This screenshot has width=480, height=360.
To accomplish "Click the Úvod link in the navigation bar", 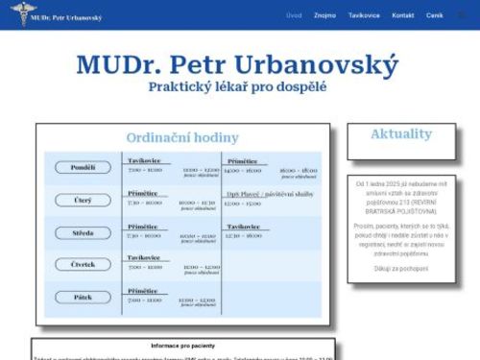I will (x=294, y=15).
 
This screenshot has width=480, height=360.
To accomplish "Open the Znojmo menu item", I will (x=324, y=15).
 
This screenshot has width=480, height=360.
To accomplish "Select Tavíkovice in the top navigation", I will (x=364, y=15).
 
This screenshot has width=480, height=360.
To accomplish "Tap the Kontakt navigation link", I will (x=403, y=15).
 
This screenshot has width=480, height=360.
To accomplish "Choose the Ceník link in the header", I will (x=435, y=15).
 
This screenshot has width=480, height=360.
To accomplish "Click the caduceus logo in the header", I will (x=16, y=15).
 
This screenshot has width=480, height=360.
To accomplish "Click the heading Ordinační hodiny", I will (x=182, y=138).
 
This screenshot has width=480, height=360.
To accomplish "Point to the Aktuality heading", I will (x=401, y=133).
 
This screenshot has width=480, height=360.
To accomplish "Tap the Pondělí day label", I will (x=83, y=167).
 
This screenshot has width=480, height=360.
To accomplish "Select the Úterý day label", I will (x=83, y=200).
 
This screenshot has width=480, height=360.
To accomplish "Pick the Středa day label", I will (x=83, y=232).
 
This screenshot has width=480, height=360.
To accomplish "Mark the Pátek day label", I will (x=83, y=298).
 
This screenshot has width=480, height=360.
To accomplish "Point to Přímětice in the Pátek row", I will (x=143, y=291).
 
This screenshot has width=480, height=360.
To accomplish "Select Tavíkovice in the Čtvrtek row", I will (x=143, y=257).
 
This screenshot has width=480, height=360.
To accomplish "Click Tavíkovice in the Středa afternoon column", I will (x=242, y=227).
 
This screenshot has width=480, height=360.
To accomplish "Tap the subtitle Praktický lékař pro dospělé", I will (x=237, y=86).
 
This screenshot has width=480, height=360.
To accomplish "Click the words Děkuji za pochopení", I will (x=401, y=270).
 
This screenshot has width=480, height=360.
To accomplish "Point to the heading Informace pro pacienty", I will (x=182, y=345).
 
